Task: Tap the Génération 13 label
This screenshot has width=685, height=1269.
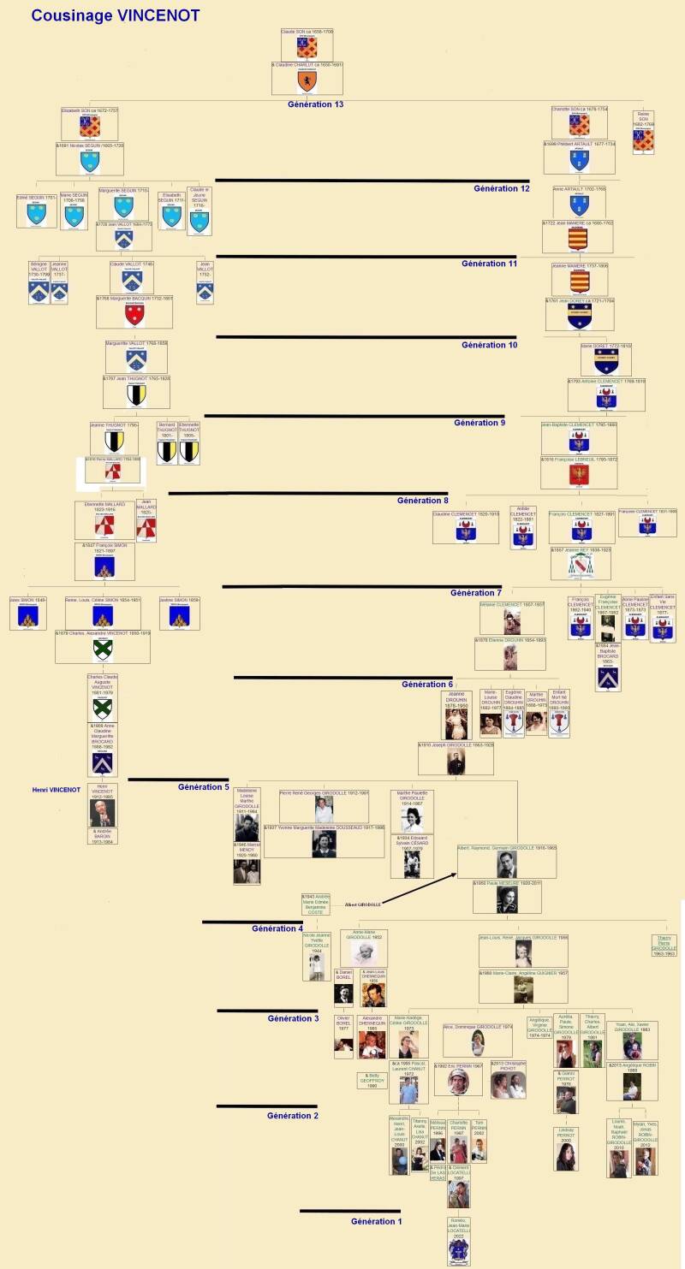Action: coord(316,104)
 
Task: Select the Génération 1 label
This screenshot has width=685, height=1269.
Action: coord(377,1221)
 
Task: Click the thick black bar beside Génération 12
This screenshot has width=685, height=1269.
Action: coord(342,181)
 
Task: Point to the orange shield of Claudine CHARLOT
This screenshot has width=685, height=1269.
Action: coord(307,81)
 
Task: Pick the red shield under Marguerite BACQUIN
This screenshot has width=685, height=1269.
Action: coord(134,315)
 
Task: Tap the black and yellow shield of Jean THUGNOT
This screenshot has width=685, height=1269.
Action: coord(136,394)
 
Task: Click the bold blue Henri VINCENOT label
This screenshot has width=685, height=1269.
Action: coord(56,790)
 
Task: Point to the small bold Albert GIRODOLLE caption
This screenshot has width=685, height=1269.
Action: coord(362,904)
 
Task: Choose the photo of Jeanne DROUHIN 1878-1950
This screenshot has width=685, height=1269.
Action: coord(456,724)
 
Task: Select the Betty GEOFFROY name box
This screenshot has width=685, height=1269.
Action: coord(372,1080)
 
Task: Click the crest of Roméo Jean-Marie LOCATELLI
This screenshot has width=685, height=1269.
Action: coord(459,1249)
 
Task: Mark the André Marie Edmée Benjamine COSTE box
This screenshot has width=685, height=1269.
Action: coord(315,904)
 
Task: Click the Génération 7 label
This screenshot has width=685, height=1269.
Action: coord(476,593)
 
